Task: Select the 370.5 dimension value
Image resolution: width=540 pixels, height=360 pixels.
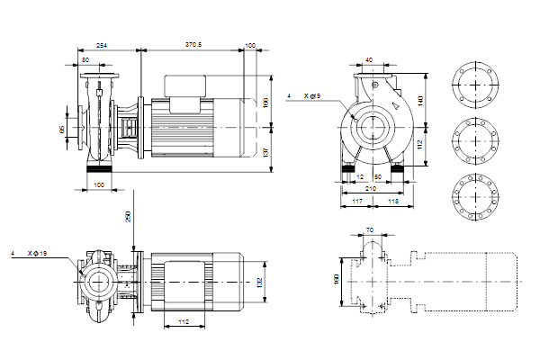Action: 193,44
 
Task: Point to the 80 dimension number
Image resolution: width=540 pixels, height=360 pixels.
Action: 85,60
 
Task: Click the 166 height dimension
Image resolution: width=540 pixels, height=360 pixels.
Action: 267,103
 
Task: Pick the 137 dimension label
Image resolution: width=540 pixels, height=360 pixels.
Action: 267,151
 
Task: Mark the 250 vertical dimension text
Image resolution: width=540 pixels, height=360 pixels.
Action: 128,217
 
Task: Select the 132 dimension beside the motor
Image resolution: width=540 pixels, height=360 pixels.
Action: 259,283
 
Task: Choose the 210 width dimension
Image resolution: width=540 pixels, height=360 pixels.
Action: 370,190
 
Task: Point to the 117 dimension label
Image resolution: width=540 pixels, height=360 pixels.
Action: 356,202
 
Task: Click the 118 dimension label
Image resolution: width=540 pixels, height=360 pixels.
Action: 392,202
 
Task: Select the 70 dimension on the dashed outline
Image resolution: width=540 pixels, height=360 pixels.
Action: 370,231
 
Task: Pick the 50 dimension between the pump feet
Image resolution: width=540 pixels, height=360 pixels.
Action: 378,177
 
